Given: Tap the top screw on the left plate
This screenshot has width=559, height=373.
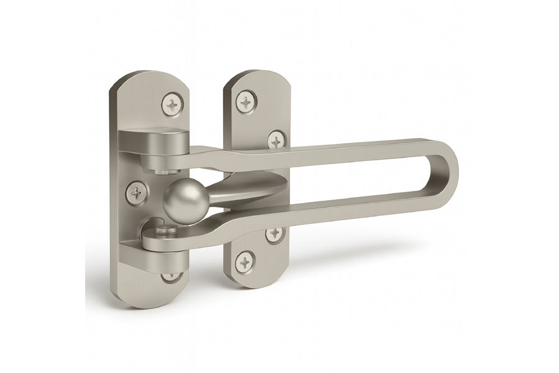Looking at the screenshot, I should point(172,103).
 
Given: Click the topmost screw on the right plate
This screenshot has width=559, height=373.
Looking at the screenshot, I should point(247,101).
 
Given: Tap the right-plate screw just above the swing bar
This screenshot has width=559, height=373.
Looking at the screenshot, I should point(276,140).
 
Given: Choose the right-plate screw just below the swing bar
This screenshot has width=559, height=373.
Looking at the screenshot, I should point(274,234).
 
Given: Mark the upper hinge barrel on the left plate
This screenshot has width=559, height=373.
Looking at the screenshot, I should point(155,146).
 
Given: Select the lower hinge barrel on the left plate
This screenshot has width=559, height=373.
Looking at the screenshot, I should point(163,242).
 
